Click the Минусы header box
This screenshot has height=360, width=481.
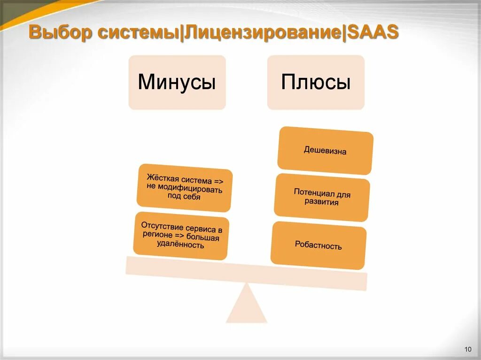177,83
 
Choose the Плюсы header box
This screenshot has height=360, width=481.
316,83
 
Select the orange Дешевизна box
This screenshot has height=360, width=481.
325,151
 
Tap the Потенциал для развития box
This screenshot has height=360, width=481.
322,198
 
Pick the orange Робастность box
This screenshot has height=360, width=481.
318,245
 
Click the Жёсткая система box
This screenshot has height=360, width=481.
184,187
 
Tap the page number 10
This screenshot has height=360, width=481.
467,349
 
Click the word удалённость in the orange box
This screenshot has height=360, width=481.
181,245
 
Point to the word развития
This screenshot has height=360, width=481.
321,203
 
